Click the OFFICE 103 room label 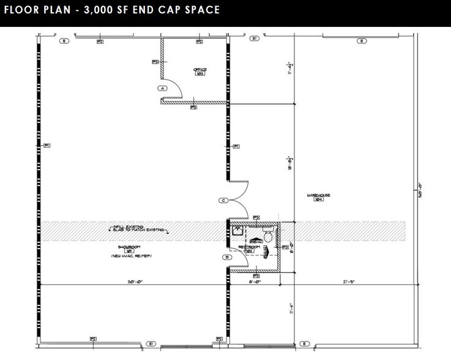pyautogui.click(x=199, y=72)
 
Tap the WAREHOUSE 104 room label pyautogui.click(x=318, y=197)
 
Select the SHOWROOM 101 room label pyautogui.click(x=129, y=248)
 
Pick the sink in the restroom pyautogui.click(x=236, y=231)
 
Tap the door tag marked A pyautogui.click(x=163, y=88)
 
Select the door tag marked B pyautogui.click(x=227, y=258)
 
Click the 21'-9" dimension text pyautogui.click(x=349, y=282)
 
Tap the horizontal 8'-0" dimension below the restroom pyautogui.click(x=257, y=282)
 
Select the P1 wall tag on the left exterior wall pyautogui.click(x=47, y=145)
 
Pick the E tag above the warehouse pyautogui.click(x=362, y=41)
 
